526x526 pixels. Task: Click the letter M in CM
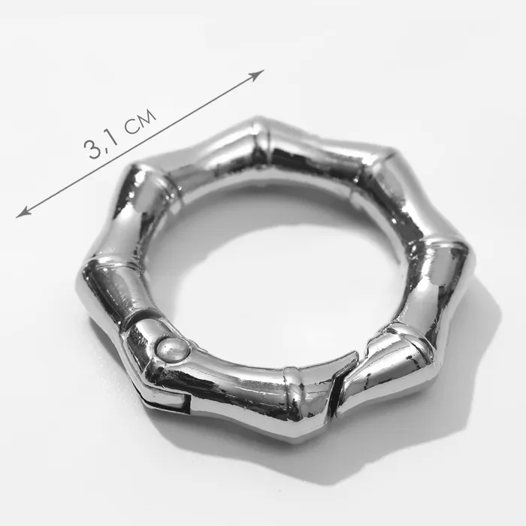coord(147,116)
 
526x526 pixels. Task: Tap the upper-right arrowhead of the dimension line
coord(258,75)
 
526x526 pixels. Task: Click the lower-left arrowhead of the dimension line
coord(23,213)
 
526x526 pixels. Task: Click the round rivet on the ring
coord(173,349)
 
